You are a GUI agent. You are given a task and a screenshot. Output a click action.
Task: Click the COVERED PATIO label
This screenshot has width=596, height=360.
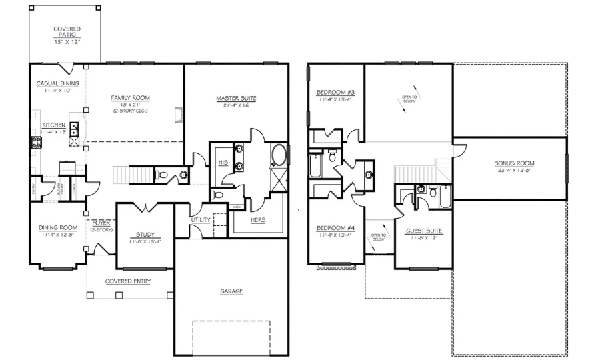tap(67, 32)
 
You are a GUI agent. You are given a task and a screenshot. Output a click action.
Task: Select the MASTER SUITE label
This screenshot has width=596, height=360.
tap(236, 99)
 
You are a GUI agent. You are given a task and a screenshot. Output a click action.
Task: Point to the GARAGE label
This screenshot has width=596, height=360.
tap(231, 291)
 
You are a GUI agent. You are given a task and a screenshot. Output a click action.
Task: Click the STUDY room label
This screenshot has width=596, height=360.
tap(145, 234)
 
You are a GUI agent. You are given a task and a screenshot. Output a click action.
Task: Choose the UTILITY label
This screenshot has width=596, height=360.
tap(201, 219)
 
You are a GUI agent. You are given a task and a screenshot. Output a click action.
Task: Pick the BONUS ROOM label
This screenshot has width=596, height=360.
tap(514, 163)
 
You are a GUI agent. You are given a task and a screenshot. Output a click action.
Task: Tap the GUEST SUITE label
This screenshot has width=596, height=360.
tap(424, 231)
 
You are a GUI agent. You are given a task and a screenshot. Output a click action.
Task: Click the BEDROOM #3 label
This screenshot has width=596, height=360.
tap(335, 92)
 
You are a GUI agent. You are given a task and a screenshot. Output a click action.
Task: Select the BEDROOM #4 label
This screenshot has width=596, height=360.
tap(335, 228)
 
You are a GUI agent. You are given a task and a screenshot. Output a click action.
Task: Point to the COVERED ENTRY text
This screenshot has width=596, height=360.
tap(128, 281)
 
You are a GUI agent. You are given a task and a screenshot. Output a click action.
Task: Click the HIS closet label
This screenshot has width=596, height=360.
tap(223, 162)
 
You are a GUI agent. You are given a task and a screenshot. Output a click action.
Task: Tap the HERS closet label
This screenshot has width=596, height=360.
tap(259, 219)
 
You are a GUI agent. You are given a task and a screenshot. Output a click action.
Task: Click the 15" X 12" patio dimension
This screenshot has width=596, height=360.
tap(67, 42)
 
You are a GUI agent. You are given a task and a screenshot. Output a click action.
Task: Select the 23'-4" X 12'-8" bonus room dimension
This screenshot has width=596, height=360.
tap(514, 170)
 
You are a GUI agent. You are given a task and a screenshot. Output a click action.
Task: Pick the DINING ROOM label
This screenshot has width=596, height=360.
tap(57, 227)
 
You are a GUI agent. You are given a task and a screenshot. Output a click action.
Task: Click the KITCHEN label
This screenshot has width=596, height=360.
tap(53, 125)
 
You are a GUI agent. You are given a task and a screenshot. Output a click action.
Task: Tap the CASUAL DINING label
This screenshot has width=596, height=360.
tap(57, 83)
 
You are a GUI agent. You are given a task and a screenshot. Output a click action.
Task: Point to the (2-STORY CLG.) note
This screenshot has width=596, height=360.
tap(130, 111)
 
